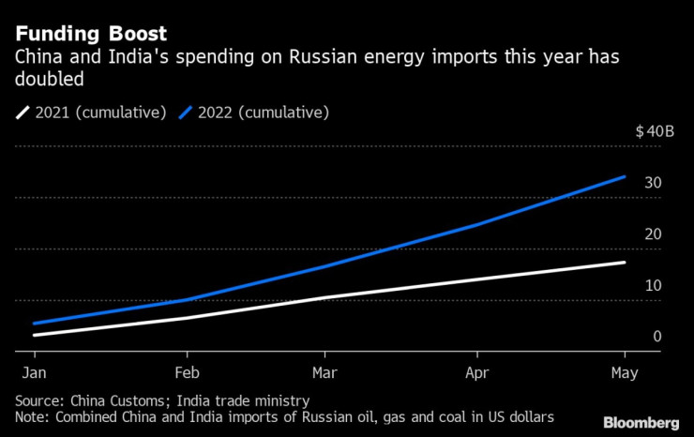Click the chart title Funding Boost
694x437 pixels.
91,35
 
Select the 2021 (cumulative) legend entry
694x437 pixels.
88,113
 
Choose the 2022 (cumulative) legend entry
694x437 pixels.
256,113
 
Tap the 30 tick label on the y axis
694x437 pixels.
653,183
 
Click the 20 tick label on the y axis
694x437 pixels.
653,234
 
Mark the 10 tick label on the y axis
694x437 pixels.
653,285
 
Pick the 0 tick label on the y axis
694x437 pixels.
657,337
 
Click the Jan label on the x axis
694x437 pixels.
35,372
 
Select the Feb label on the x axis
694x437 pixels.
188,372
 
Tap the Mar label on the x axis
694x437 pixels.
324,372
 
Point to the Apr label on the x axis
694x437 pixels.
478,372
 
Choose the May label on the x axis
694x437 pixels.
623,372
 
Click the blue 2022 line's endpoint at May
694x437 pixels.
625,176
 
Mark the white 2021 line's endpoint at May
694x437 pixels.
625,263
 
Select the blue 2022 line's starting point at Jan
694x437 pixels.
35,324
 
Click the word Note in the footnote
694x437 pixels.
33,416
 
